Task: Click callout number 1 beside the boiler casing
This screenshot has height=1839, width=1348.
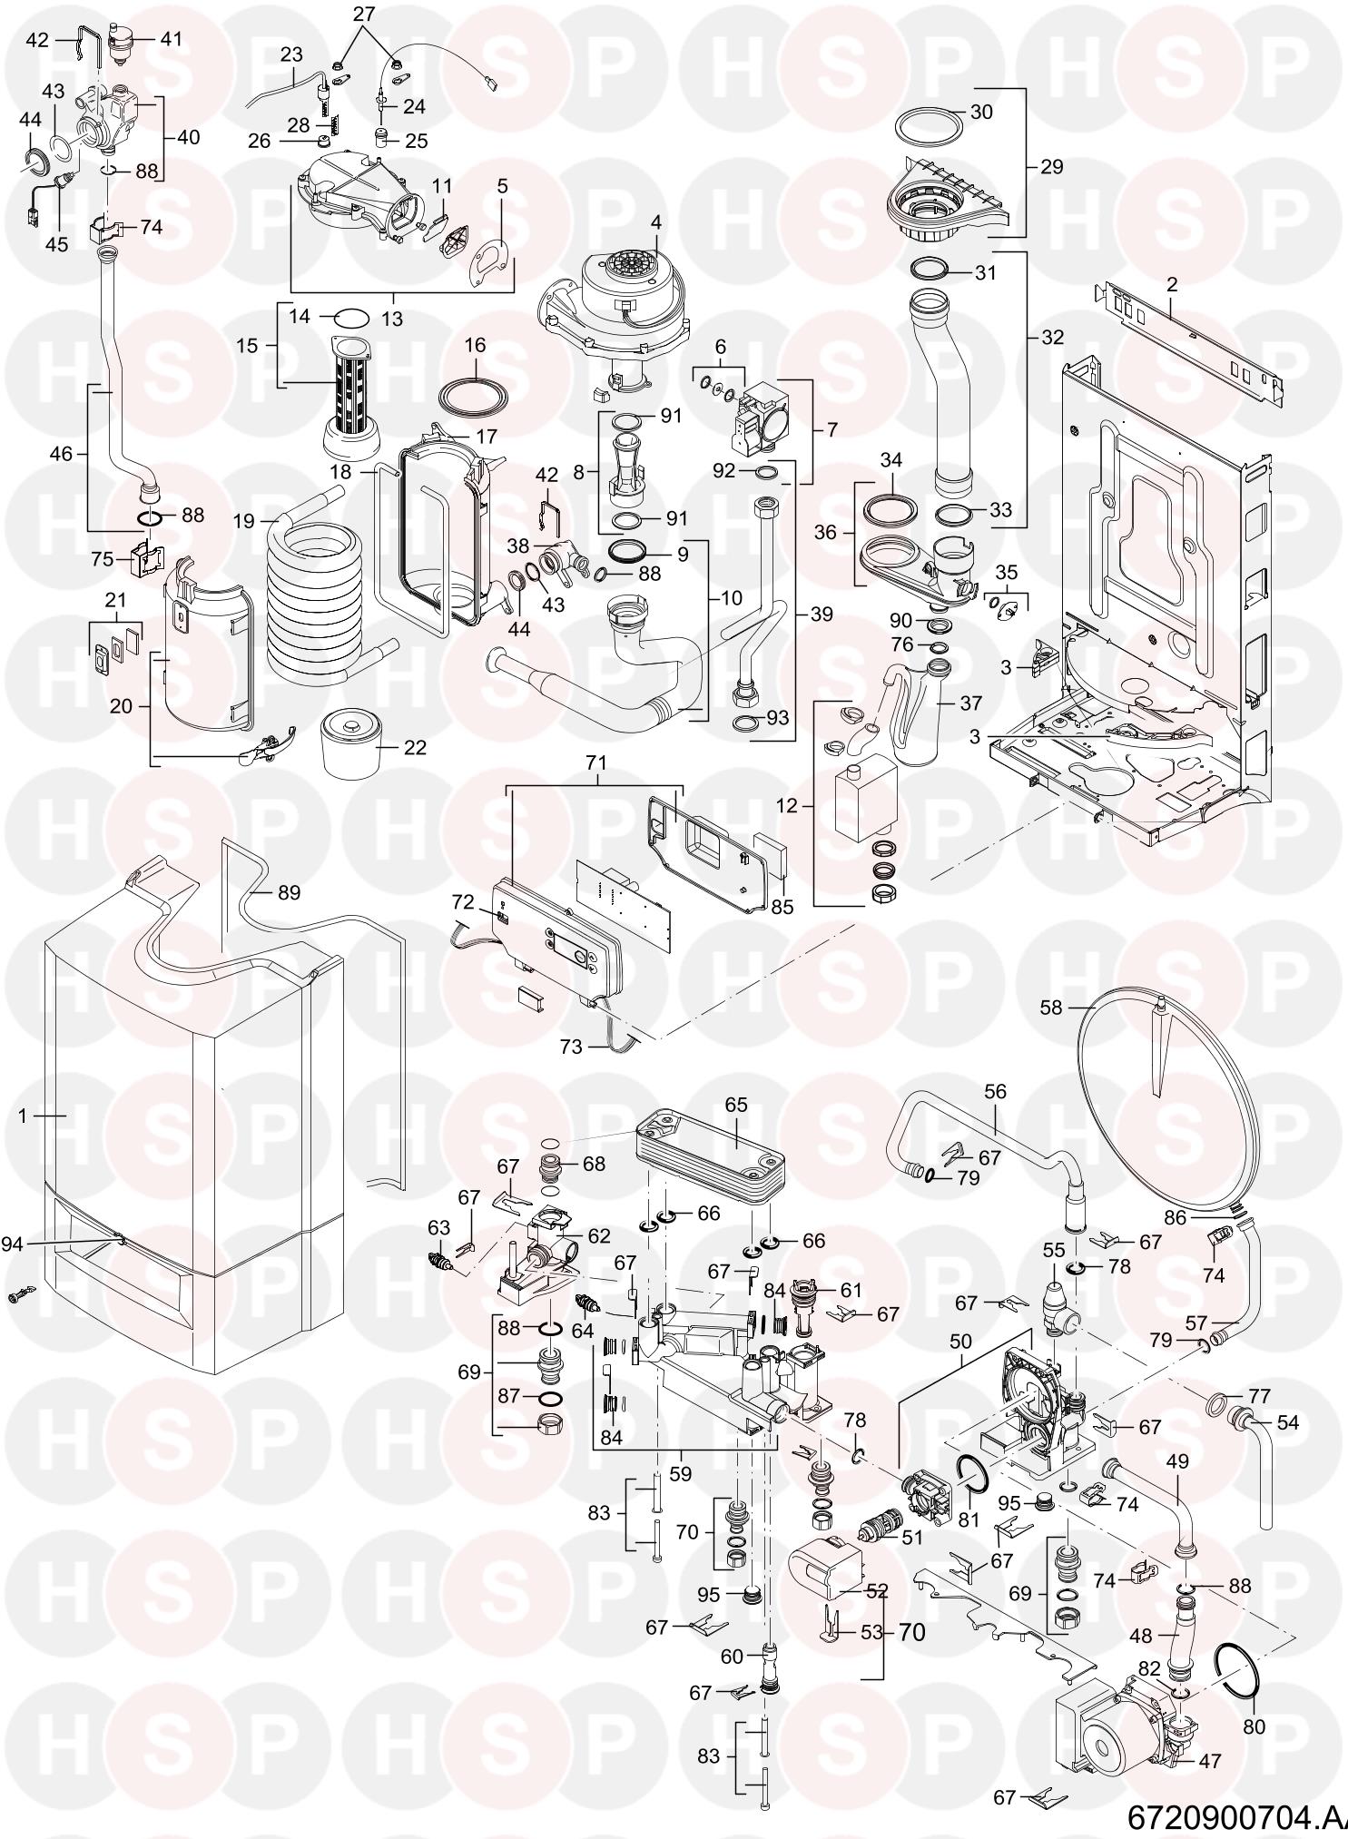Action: point(23,1115)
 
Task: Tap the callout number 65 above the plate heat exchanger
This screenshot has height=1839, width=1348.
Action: point(655,222)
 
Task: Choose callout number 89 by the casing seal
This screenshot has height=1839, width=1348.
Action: point(288,893)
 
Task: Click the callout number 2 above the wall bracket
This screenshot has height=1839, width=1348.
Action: point(1172,284)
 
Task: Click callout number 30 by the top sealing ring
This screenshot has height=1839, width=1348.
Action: point(981,113)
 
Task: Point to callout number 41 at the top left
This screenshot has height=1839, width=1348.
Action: point(171,39)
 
